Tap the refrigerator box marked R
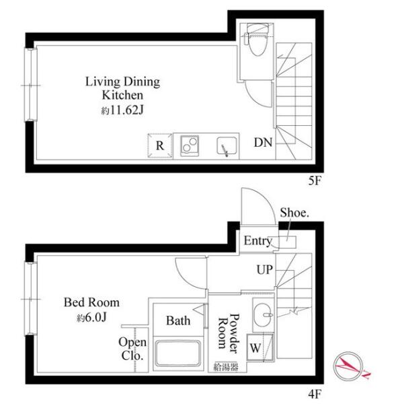pyautogui.click(x=160, y=145)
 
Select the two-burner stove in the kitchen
pyautogui.click(x=190, y=145)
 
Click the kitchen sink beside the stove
pyautogui.click(x=227, y=146)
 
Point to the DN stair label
pyautogui.click(x=263, y=143)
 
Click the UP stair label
pyautogui.click(x=264, y=270)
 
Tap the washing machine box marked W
pyautogui.click(x=260, y=347)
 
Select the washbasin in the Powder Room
pyautogui.click(x=263, y=314)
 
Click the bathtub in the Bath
pyautogui.click(x=178, y=353)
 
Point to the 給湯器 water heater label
pyautogui.click(x=226, y=367)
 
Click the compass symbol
pyautogui.click(x=350, y=366)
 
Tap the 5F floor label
pyautogui.click(x=315, y=181)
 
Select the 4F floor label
pyautogui.click(x=315, y=394)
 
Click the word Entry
pyautogui.click(x=258, y=241)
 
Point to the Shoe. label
pyautogui.click(x=294, y=213)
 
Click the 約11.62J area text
pyautogui.click(x=122, y=110)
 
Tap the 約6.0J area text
pyautogui.click(x=91, y=318)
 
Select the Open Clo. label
pyautogui.click(x=132, y=349)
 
